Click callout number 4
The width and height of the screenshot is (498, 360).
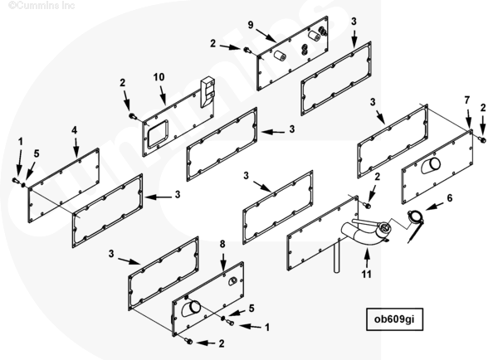(74, 130)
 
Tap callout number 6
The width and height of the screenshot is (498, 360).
(450, 198)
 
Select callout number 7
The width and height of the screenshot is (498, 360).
(467, 100)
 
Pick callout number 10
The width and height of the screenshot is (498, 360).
(159, 77)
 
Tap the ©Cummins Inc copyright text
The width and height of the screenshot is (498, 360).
(31, 5)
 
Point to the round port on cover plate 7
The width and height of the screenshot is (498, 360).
(426, 167)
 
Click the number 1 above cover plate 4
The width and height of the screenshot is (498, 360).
(21, 142)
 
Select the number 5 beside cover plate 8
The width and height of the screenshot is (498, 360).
(252, 309)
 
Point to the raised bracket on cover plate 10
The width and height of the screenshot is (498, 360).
(207, 90)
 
